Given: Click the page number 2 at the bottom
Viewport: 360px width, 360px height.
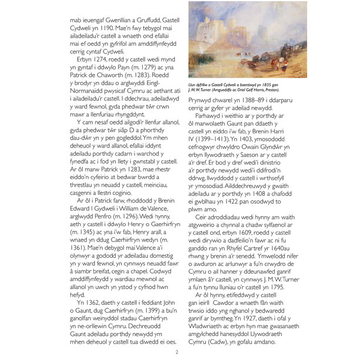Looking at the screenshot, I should click(177, 352).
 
